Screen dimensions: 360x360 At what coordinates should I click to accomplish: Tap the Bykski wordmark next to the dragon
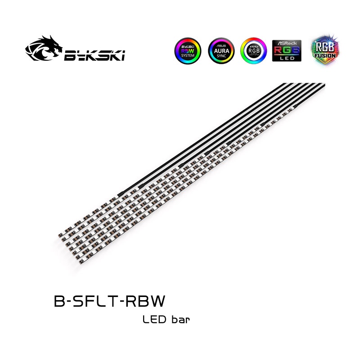tap(94, 56)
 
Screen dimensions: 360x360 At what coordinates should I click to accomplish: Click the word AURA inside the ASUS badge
tap(221, 51)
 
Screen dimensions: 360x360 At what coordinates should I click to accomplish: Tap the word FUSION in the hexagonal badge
tap(324, 55)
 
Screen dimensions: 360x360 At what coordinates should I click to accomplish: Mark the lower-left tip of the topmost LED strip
tap(60, 235)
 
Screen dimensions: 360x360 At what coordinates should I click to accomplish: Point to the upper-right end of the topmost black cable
tap(283, 84)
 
